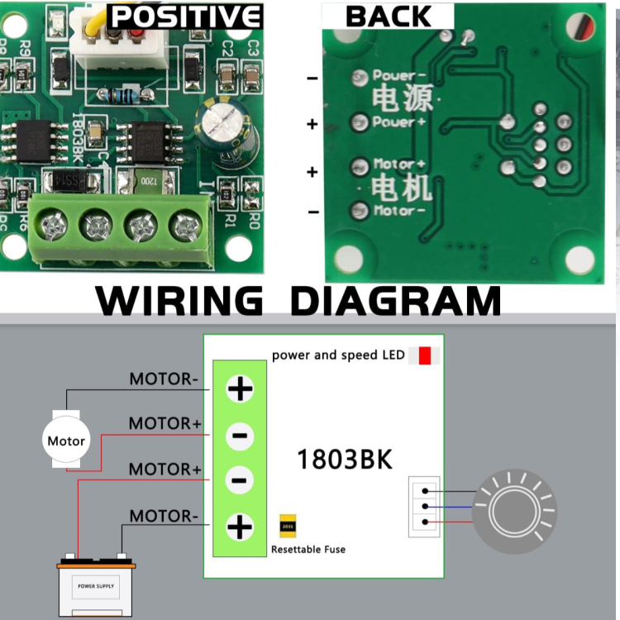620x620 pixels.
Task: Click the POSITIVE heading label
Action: (x=185, y=16)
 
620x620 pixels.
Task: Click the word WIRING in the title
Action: (x=179, y=302)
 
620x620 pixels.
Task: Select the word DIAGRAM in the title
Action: (x=396, y=302)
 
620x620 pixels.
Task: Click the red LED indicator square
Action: (x=424, y=355)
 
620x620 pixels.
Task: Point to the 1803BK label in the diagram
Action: (x=344, y=459)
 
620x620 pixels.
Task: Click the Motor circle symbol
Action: (x=66, y=441)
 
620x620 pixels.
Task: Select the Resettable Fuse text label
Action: (x=308, y=549)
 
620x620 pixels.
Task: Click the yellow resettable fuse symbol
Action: (x=289, y=524)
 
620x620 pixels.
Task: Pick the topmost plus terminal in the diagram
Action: (x=240, y=388)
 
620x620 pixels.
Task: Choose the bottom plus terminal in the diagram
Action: (x=240, y=526)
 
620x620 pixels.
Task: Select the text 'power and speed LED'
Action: (x=338, y=355)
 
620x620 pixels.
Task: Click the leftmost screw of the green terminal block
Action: (x=55, y=224)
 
